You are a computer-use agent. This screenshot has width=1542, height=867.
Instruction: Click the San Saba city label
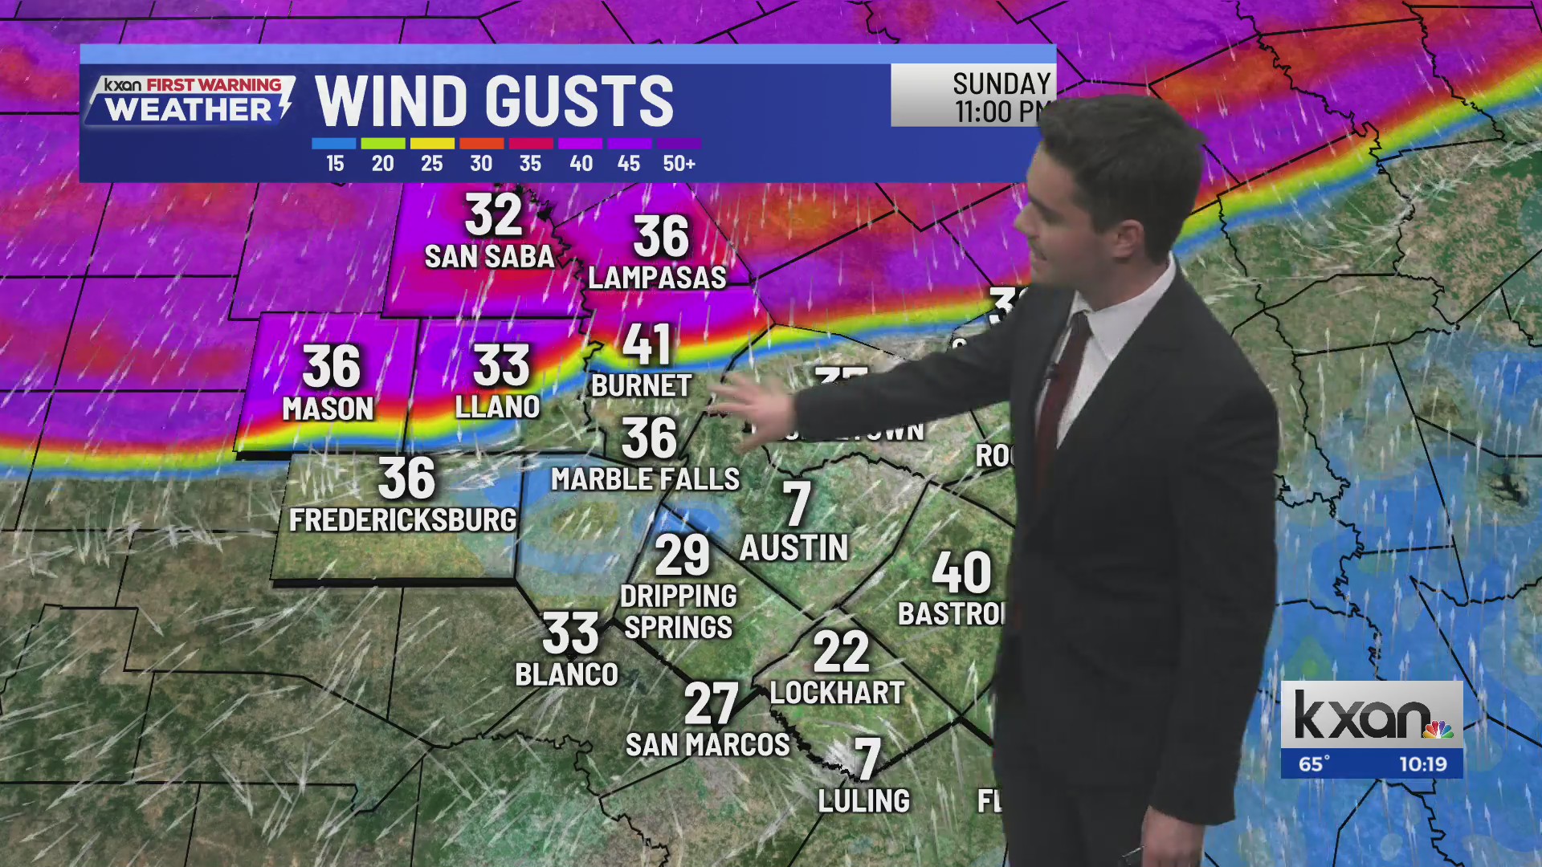[489, 257]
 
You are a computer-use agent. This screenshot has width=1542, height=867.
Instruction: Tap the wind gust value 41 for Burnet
[647, 344]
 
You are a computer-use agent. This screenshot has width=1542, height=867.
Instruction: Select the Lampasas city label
[657, 278]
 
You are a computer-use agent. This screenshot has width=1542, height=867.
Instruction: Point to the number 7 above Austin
[797, 504]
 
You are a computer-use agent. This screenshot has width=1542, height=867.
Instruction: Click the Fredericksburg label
[402, 520]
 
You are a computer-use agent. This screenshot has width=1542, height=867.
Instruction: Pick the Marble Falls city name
[645, 479]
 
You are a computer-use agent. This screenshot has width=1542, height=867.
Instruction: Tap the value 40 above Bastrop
[961, 572]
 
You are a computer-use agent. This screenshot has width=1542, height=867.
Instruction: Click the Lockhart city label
[837, 693]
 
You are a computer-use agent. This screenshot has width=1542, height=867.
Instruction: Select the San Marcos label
[708, 745]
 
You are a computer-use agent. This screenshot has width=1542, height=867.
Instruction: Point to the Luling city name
[863, 800]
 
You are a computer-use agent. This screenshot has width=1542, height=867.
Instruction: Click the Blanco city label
[566, 674]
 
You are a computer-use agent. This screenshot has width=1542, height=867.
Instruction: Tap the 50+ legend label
[679, 164]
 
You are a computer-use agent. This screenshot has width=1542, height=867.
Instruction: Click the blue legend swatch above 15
[333, 144]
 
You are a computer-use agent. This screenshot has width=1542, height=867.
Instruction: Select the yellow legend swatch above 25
[432, 144]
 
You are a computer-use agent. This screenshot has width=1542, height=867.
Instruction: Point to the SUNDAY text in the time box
[1001, 83]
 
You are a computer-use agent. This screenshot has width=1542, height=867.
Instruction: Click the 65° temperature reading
[1314, 763]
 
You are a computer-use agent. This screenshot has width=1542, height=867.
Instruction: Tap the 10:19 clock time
[1422, 763]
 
